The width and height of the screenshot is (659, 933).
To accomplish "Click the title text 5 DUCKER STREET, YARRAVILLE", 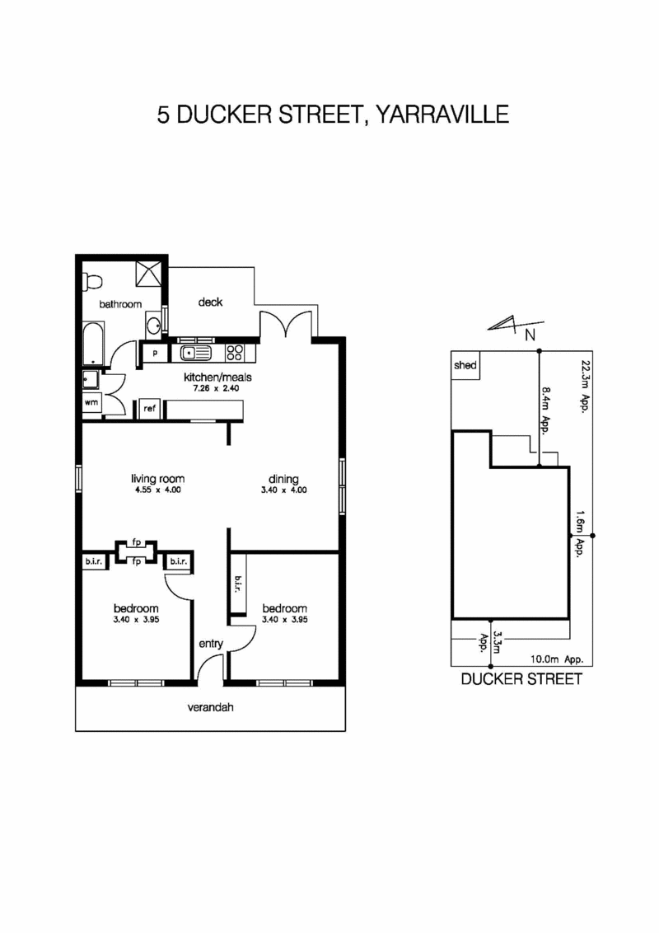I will click(333, 114).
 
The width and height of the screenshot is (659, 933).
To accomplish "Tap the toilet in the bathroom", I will click(91, 280).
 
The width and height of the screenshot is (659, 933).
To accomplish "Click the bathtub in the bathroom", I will click(93, 344).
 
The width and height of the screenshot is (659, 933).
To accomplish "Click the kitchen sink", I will click(196, 353).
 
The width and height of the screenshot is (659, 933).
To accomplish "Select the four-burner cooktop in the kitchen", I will click(235, 353).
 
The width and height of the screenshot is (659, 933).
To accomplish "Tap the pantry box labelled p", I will click(154, 354).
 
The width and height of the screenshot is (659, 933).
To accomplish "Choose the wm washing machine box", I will click(91, 403).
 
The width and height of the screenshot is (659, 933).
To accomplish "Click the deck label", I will click(210, 302).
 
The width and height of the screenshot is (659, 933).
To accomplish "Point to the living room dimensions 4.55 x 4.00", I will click(157, 490).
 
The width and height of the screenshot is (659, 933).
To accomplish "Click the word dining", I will click(283, 479).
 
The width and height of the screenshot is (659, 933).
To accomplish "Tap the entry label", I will click(210, 644).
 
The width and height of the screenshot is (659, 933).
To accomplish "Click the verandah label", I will click(210, 707).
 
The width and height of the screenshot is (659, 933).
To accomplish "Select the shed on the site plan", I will click(465, 365).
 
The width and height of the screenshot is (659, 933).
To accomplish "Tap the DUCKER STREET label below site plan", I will click(521, 680).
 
